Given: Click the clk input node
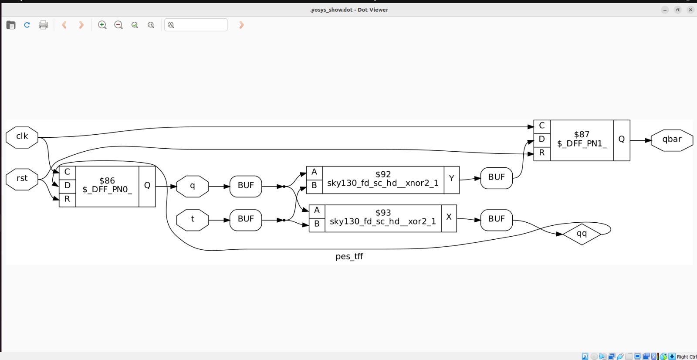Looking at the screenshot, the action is point(22,137).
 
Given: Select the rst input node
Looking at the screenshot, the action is point(22,180).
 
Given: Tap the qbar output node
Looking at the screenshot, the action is point(672,140).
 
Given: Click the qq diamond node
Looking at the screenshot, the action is point(582,234).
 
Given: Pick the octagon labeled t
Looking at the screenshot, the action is point(192,220).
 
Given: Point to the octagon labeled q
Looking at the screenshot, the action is point(192,186).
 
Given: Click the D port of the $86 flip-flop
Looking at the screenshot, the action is point(67,186).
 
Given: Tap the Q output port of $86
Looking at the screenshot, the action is point(147,186).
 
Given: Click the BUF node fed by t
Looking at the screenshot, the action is point(246,220).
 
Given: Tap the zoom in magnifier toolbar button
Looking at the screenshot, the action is point(102,25).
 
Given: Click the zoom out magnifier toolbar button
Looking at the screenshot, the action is point(118,25).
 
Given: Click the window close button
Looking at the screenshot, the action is point(690,10).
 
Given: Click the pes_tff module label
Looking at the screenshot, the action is point(349,257).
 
